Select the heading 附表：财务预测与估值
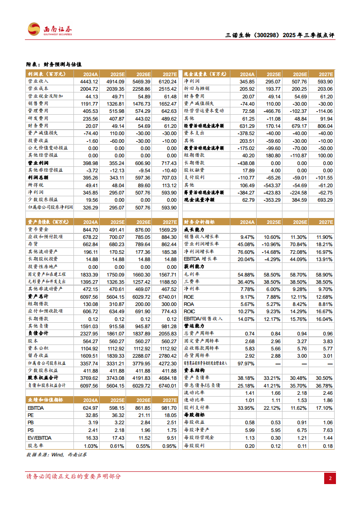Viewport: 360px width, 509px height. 57,65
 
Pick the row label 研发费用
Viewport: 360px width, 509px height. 38,118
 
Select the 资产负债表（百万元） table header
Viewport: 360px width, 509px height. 46,222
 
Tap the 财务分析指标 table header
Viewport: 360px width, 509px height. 199,222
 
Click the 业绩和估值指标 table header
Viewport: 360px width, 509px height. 45,400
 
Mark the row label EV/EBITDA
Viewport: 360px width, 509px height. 39,439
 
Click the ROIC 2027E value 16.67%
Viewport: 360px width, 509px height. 324,311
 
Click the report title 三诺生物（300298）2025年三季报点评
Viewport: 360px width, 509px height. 280,36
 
